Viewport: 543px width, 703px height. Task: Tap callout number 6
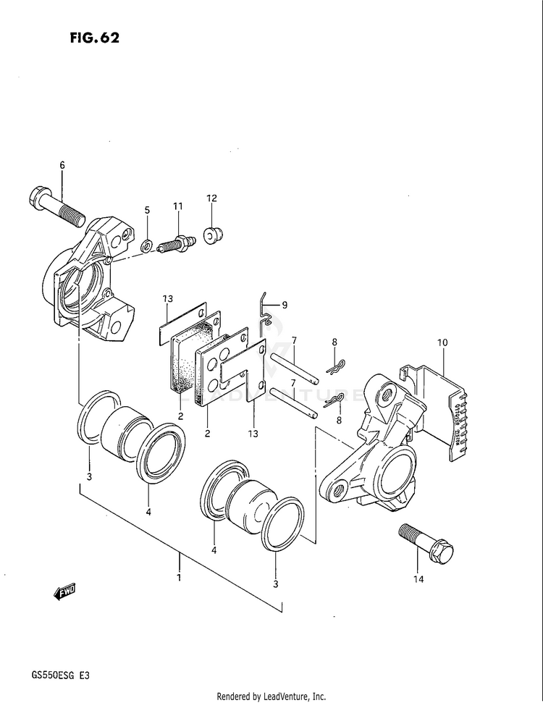click(x=62, y=166)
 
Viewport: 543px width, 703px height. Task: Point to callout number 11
click(x=177, y=206)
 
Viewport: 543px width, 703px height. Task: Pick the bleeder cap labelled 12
click(x=213, y=235)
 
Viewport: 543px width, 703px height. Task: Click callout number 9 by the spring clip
click(x=285, y=305)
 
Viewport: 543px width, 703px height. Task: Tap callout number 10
click(x=442, y=342)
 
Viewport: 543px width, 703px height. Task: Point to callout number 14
click(x=418, y=579)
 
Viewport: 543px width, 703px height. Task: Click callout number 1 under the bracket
click(x=179, y=577)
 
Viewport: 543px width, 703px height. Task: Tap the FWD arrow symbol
click(x=64, y=592)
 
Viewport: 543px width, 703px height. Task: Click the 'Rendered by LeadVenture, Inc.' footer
click(x=271, y=696)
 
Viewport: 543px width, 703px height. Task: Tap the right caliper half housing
click(x=376, y=449)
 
